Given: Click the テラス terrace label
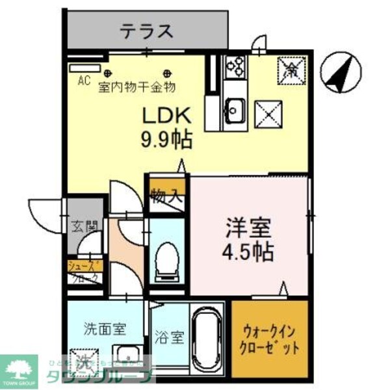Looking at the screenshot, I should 147,31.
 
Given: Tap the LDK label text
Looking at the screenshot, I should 165,116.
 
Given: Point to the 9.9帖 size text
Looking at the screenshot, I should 166,138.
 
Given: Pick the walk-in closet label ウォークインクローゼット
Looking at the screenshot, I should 268,338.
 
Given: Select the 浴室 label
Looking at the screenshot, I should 169,338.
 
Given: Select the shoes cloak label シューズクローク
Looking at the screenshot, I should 84,270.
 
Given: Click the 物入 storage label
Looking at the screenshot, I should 166,195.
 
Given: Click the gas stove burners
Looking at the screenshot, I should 234,68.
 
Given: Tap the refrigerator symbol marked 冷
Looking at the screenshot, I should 288,68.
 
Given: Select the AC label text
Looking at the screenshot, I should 83,81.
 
